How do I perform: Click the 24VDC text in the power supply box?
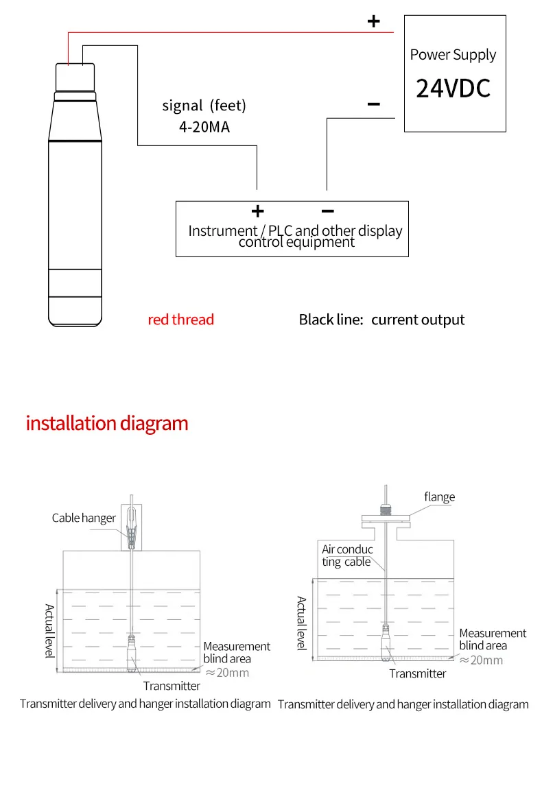pos(453,88)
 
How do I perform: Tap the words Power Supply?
pos(453,55)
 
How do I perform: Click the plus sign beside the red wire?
pos(373,21)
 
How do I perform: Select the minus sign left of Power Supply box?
pos(373,104)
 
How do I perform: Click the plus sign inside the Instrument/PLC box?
pos(257,211)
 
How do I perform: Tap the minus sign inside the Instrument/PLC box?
pos(327,211)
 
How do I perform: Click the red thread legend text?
pos(181,320)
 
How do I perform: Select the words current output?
pos(418,320)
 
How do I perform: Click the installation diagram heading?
pos(107,423)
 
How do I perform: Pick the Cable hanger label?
pos(84,518)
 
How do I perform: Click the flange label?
pos(439,497)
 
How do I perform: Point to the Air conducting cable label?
pos(347,555)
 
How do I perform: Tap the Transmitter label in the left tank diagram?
pos(172,686)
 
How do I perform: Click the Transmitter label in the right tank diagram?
pos(417,673)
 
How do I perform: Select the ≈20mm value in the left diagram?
pos(227,672)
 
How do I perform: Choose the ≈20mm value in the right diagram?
pos(481,660)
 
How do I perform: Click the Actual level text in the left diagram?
pos(49,630)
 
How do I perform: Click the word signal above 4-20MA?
pos(182,106)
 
